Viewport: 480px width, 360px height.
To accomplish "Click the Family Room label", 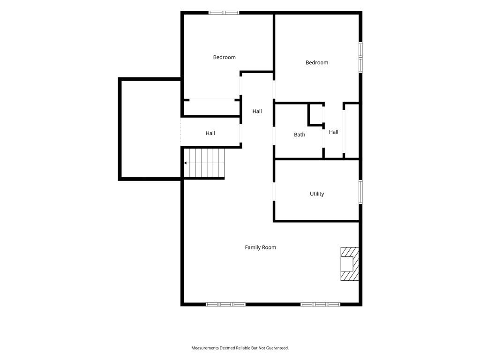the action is (x=260, y=247).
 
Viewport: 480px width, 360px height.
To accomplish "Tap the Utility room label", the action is (x=317, y=194).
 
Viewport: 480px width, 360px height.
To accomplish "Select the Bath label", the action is (x=300, y=135).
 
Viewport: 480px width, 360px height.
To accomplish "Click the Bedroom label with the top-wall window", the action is (x=225, y=57).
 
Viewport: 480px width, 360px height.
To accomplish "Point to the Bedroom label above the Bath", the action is (x=317, y=62).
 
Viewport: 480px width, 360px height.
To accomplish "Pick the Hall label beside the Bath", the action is (x=333, y=132).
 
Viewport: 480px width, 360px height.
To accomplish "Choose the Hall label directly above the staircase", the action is (x=210, y=133).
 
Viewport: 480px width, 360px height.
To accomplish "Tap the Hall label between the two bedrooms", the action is (x=257, y=111).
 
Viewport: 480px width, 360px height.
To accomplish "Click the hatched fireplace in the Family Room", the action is (x=350, y=264).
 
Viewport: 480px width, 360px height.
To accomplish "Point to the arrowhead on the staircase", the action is (x=185, y=163).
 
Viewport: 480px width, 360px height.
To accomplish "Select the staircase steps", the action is (x=204, y=163).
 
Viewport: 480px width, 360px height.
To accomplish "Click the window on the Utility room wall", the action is (x=360, y=192).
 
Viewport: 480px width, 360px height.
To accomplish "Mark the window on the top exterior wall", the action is (x=224, y=13).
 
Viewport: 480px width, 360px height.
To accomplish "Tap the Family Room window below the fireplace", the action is (x=320, y=304).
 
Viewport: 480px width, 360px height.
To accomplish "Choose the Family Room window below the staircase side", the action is (x=225, y=304).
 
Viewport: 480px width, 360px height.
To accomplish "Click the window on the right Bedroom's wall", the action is (x=360, y=57).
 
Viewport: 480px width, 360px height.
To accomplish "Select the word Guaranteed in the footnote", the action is (x=277, y=348).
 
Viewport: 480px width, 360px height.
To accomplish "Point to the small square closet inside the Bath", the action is (x=316, y=114).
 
